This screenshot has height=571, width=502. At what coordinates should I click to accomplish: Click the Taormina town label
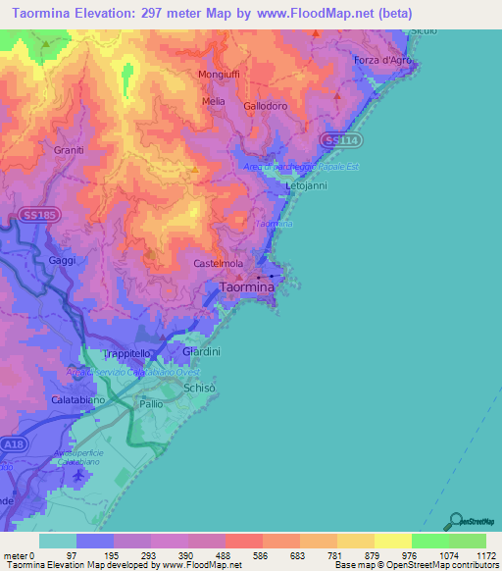[x=246, y=287]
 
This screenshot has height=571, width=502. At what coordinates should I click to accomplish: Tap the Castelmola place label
[x=219, y=264]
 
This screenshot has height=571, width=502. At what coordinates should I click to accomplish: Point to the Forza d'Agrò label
[x=382, y=60]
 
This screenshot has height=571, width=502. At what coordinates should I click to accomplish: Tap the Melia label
[x=213, y=101]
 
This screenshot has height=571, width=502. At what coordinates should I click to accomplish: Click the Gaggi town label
[x=61, y=260]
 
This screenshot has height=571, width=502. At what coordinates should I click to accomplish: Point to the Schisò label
[x=200, y=389]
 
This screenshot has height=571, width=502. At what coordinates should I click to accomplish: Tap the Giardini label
[x=202, y=351]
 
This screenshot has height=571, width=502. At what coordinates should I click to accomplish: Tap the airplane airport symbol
[x=78, y=476]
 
